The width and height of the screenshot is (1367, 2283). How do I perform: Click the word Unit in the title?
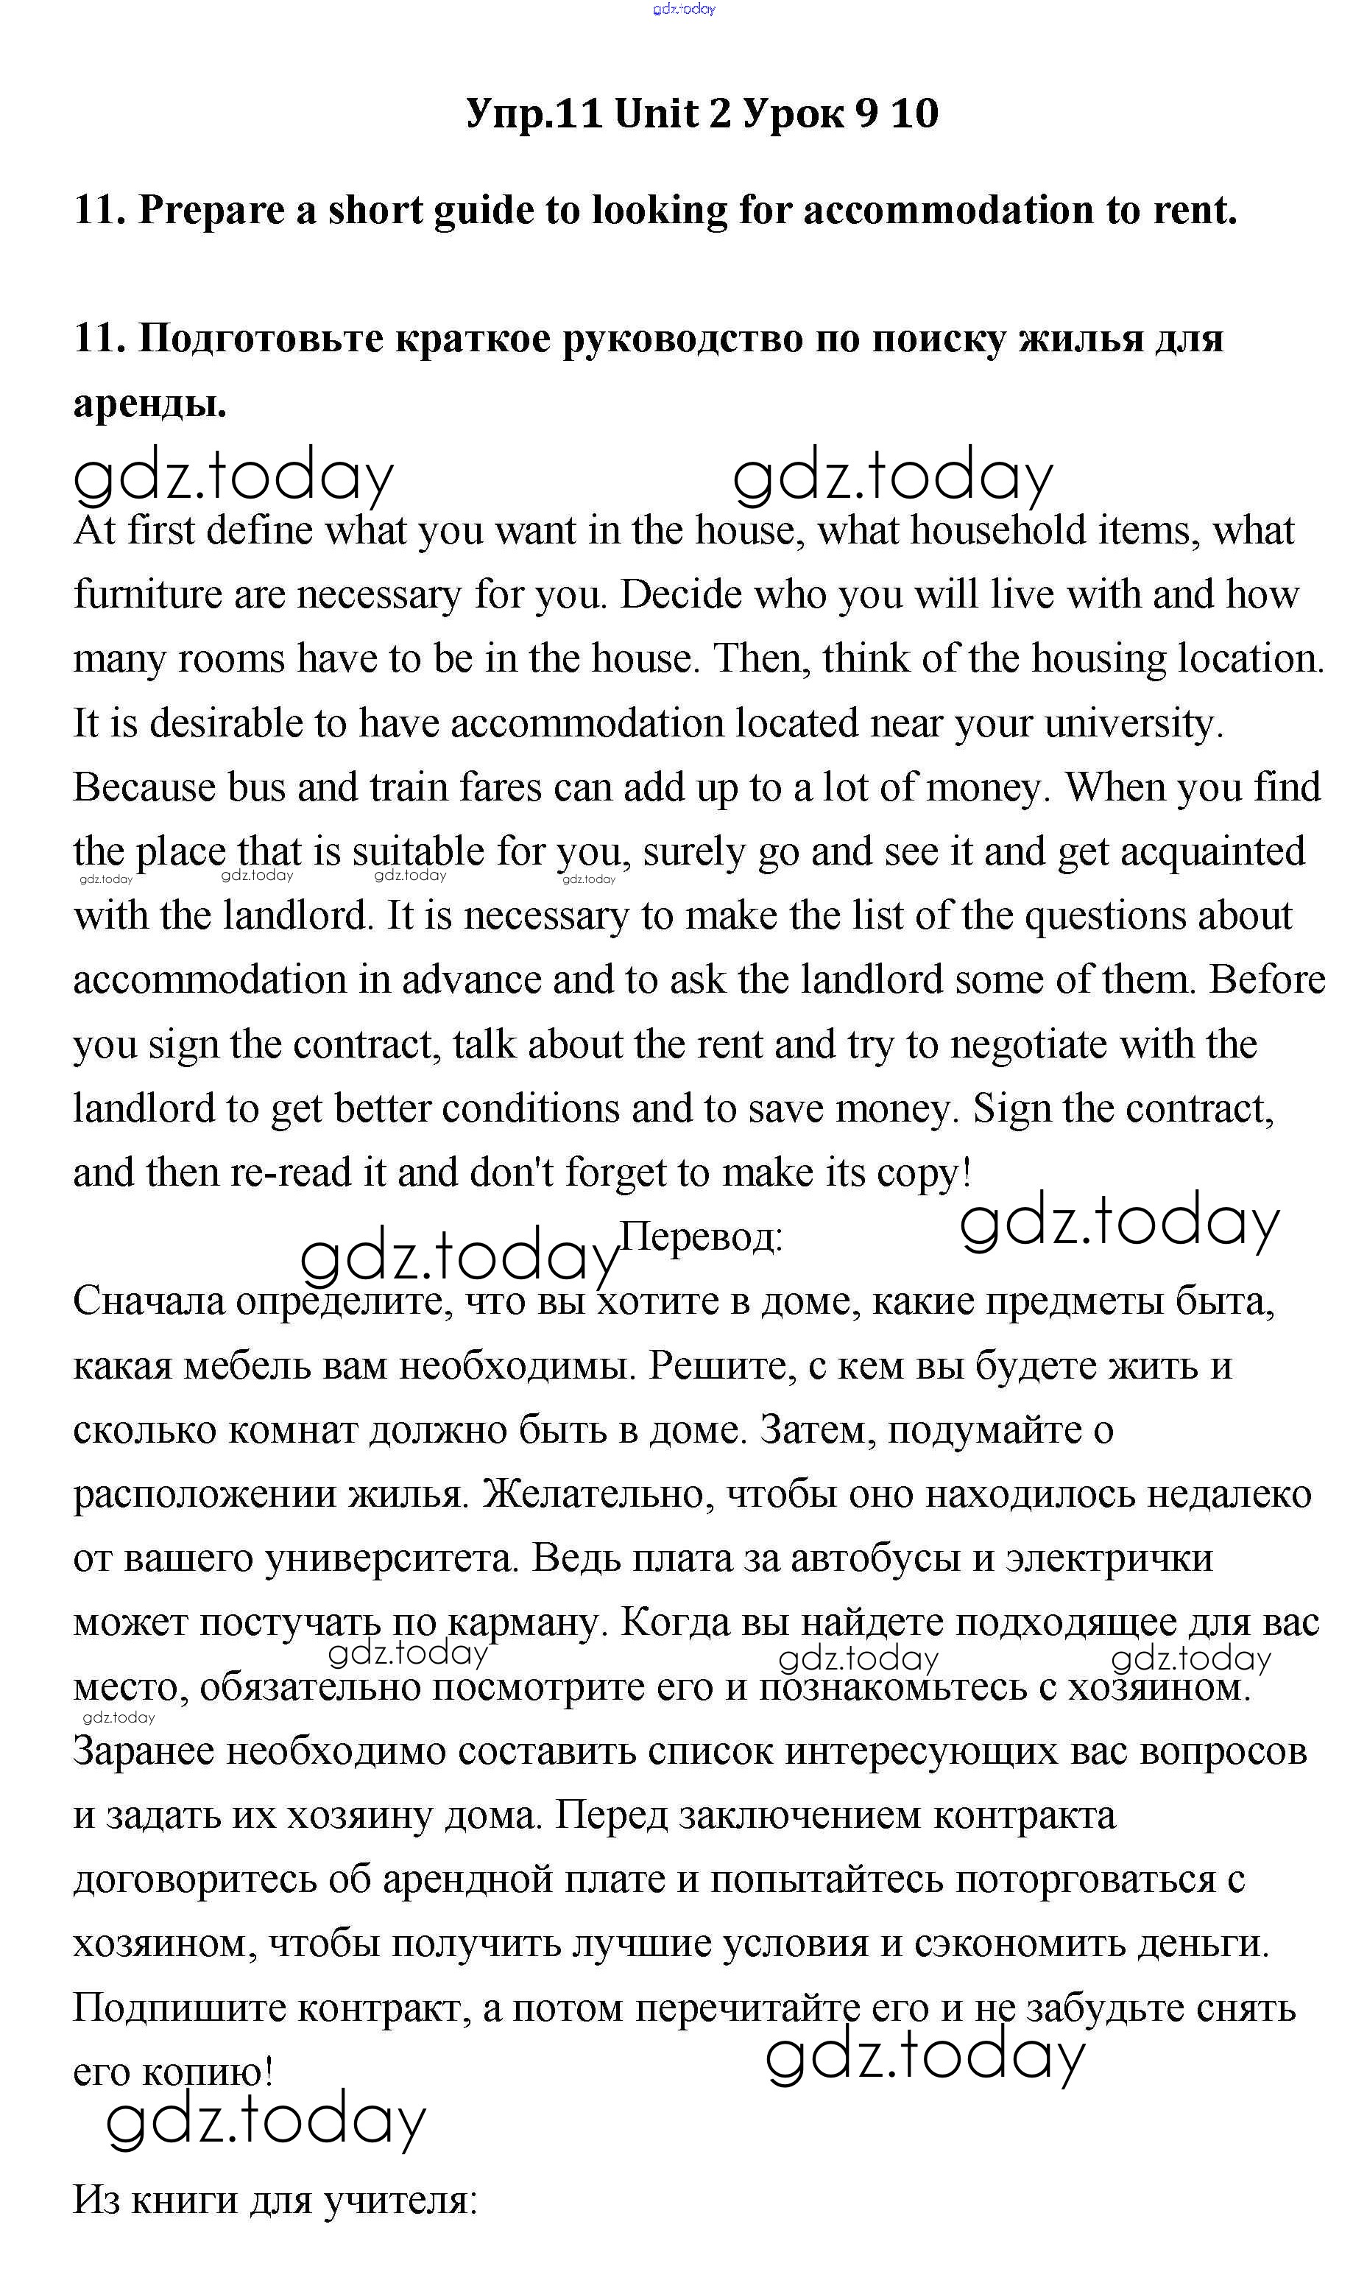[x=671, y=114]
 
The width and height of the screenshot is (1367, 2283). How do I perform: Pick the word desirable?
[x=226, y=724]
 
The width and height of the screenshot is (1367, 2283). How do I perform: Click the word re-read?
[x=291, y=1174]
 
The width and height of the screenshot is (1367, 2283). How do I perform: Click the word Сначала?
[x=148, y=1302]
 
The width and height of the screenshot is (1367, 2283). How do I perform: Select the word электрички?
[x=1109, y=1559]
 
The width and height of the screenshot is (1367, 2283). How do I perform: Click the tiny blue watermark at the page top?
[x=683, y=10]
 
